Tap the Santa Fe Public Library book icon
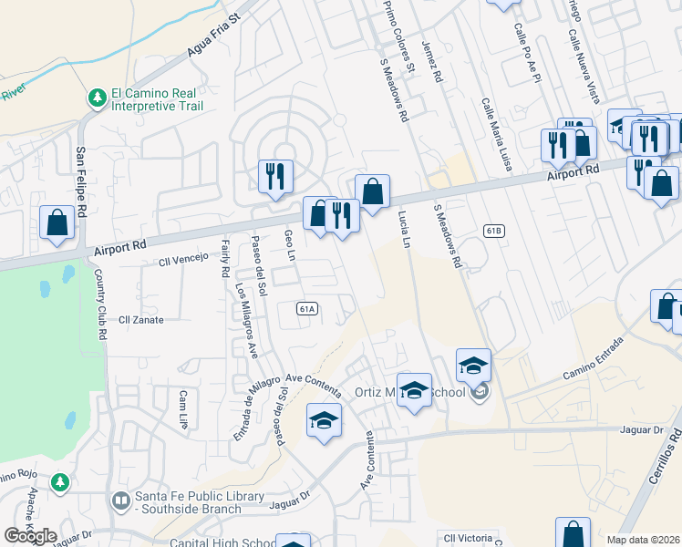(120, 501)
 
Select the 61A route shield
(306, 309)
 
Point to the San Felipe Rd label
(82, 181)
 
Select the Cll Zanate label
(141, 320)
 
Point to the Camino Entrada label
(593, 358)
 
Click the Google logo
(30, 536)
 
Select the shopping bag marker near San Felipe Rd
(57, 223)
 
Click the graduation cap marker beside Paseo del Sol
(323, 422)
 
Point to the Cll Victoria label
(467, 538)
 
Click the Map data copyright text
(643, 540)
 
